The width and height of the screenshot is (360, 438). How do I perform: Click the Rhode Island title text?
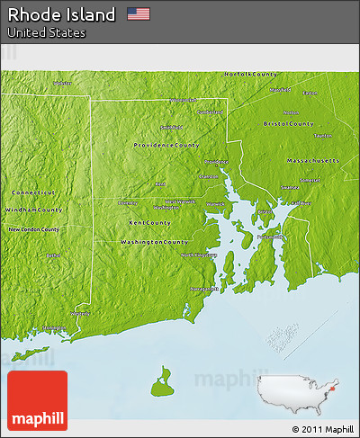point(62,14)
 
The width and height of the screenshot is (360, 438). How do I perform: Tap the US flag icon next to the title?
point(138,13)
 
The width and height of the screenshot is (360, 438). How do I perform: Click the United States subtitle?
point(47,32)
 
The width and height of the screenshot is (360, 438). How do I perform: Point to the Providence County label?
point(166,145)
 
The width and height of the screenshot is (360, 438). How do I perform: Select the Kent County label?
point(149,222)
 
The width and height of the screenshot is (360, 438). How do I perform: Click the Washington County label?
point(154,242)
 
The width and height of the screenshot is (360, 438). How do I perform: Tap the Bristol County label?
point(288,123)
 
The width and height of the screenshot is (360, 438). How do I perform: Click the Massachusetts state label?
point(313,160)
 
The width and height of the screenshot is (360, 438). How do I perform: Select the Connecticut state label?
point(33,192)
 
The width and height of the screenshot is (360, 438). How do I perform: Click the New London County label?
point(34,229)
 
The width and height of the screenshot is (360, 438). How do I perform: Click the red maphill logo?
point(37,400)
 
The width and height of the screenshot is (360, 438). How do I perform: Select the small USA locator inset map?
point(296,390)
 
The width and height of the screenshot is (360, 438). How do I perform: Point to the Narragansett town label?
point(203,289)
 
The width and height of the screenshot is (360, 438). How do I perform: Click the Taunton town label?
point(322,135)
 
